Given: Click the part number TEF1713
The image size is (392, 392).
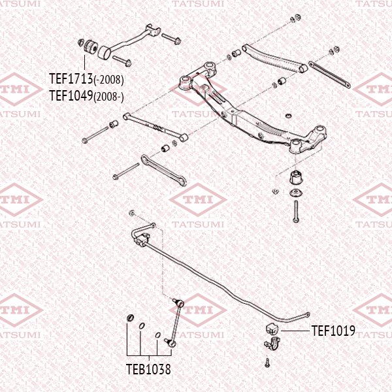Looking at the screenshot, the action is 71,79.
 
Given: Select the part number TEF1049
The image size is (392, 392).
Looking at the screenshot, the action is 71,95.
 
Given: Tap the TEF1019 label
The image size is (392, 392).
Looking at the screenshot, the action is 333,331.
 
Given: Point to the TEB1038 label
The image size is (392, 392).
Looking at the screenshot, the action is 148,369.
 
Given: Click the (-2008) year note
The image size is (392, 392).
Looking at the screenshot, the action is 108,80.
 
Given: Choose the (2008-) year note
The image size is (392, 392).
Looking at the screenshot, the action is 108,96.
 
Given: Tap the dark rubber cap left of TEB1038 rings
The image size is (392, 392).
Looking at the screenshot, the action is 129,319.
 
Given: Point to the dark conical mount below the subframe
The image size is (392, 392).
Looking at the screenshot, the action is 296,176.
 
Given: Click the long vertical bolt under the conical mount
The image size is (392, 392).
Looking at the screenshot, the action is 296,211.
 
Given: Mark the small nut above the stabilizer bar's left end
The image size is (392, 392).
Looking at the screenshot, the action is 131,214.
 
